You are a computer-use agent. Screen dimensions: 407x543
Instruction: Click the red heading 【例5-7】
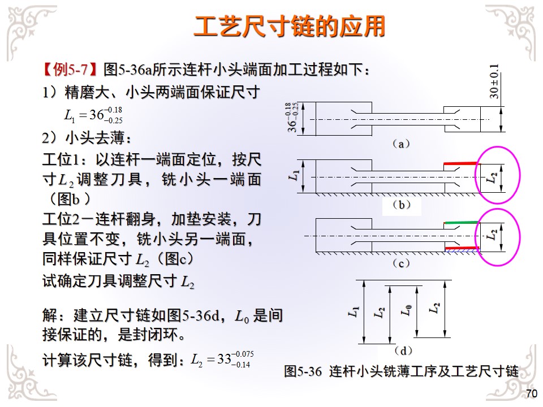point(72,70)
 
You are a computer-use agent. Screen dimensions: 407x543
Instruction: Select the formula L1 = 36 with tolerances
point(94,115)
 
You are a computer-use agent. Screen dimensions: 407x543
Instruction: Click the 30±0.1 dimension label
point(494,82)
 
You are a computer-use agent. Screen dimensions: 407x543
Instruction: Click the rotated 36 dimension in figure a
point(291,118)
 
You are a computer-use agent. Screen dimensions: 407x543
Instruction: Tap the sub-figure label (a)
point(401,144)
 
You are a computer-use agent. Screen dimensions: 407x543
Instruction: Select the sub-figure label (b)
point(401,205)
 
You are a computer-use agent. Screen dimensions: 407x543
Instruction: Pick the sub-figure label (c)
point(401,263)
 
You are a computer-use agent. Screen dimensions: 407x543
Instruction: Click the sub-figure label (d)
point(401,350)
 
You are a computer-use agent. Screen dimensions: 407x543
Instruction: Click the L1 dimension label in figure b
point(292,176)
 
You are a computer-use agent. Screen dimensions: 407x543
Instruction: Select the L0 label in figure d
point(405,310)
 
